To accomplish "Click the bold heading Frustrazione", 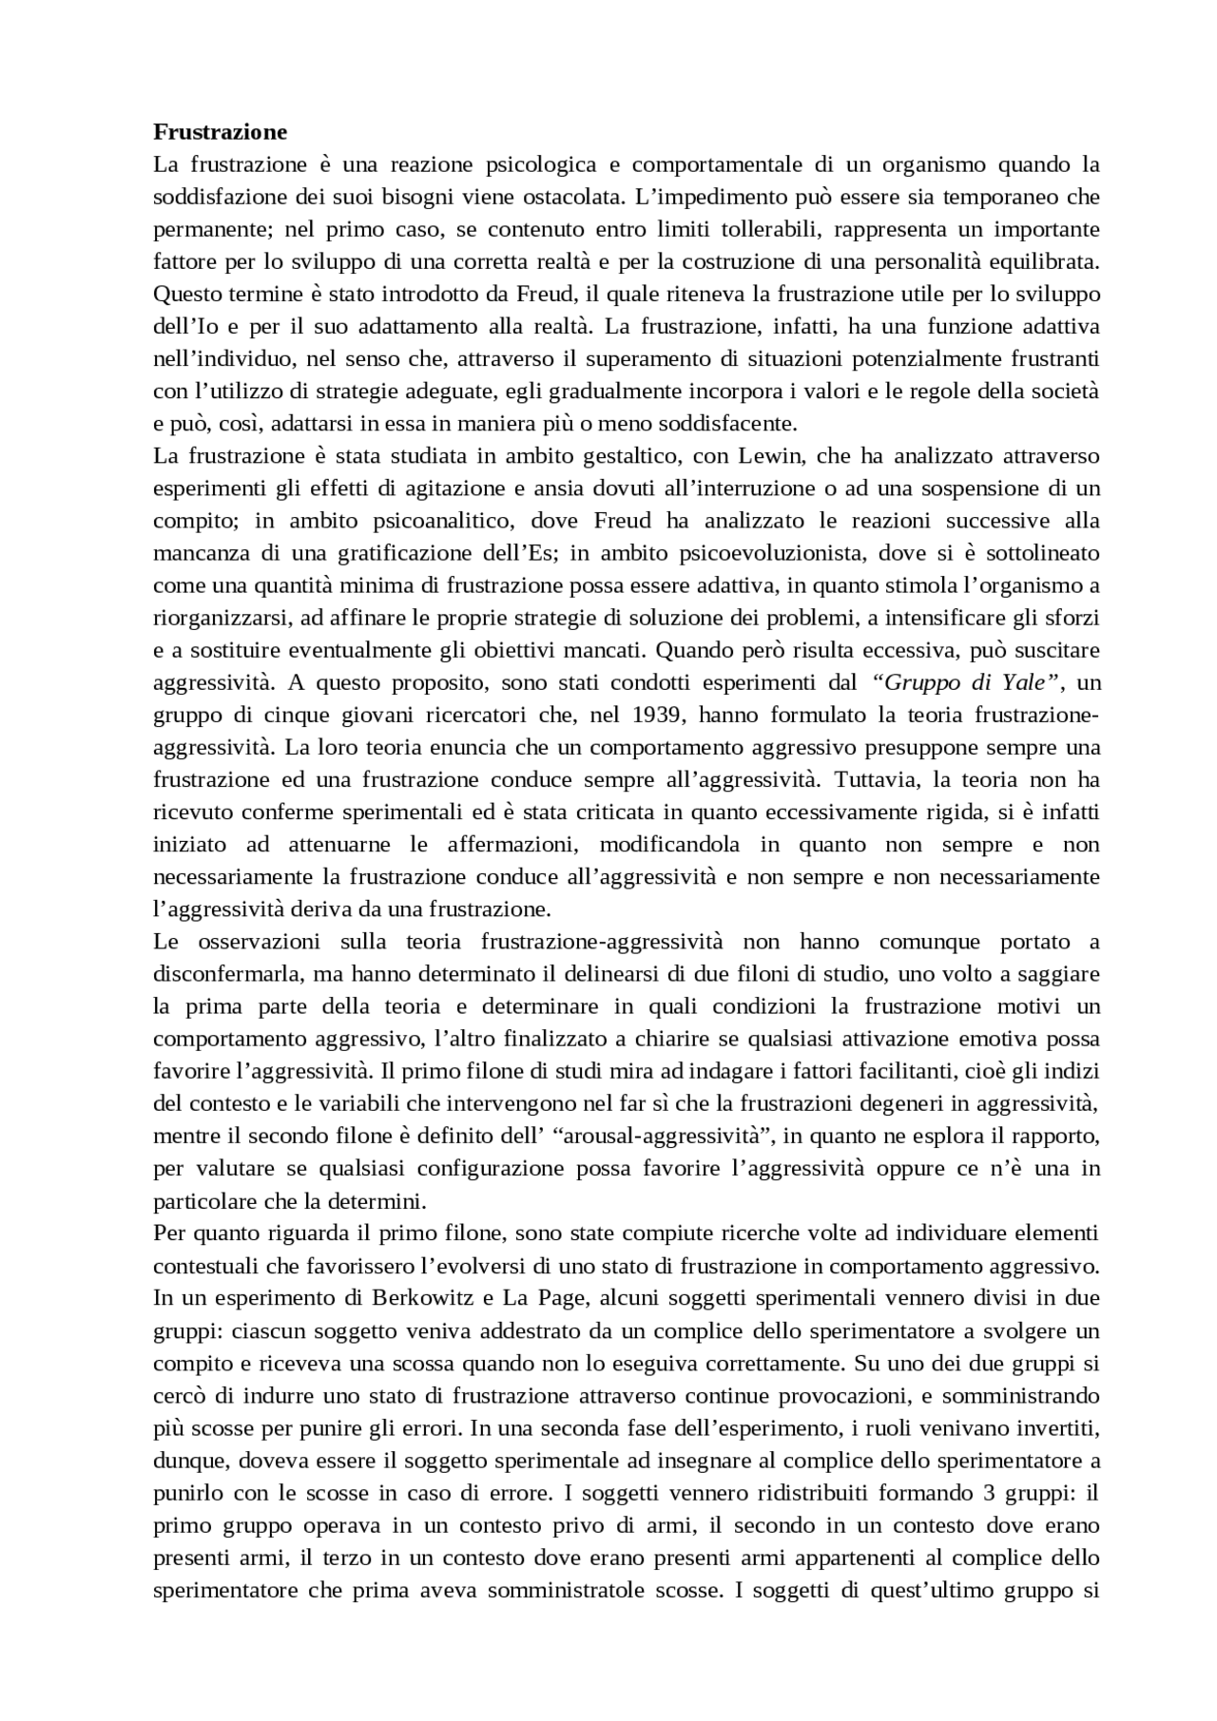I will click(x=220, y=131).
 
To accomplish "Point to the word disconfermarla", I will click(x=216, y=974).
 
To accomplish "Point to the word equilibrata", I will click(x=1044, y=261).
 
